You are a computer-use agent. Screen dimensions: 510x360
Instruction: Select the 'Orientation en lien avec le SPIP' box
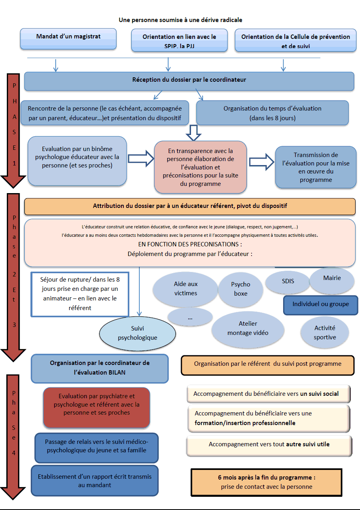[x=179, y=40]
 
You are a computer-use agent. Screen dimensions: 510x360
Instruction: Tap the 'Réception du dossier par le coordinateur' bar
[x=189, y=81]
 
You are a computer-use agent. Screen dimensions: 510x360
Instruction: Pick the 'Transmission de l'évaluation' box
[x=316, y=167]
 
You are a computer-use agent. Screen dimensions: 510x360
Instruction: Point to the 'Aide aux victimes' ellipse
[x=185, y=288]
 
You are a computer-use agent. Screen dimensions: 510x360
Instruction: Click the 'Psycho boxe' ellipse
[x=240, y=289]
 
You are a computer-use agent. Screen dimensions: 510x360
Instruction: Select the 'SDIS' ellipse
[x=288, y=281]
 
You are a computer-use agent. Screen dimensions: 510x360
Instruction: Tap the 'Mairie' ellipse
[x=332, y=278]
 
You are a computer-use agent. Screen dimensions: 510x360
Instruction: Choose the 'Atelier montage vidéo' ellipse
[x=247, y=329]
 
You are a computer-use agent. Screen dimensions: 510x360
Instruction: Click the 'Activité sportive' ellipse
[x=324, y=333]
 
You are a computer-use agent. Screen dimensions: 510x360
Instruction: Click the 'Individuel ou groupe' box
[x=320, y=304]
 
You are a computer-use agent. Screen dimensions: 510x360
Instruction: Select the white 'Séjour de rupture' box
[x=80, y=294]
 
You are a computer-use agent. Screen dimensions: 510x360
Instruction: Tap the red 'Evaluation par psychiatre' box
[x=97, y=407]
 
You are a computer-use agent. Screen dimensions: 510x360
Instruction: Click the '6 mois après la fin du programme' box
[x=266, y=482]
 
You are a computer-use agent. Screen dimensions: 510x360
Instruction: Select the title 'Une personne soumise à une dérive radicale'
[x=180, y=20]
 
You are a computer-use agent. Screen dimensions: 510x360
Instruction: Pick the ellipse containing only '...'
[x=190, y=317]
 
